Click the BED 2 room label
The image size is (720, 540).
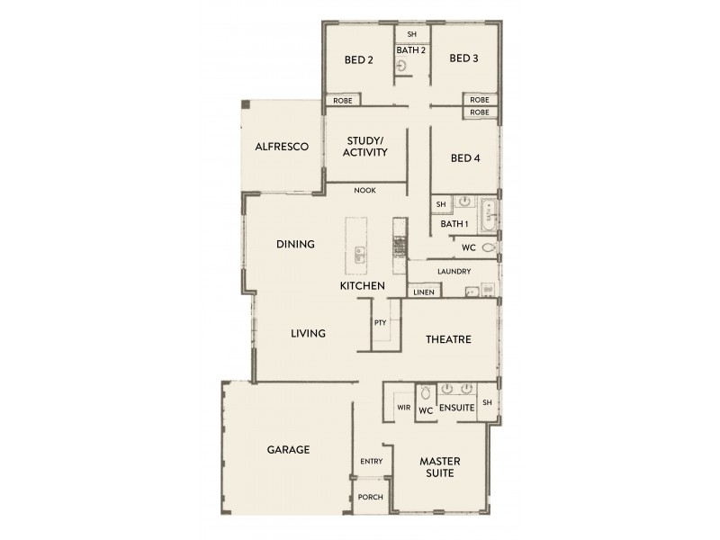[x=358, y=60]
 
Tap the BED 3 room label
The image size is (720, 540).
[x=463, y=59]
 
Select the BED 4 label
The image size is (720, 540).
[x=464, y=158]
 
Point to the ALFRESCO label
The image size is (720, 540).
[x=282, y=146]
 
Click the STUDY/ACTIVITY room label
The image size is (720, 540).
[x=365, y=146]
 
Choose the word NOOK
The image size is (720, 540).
[x=364, y=191]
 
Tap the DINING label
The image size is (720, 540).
[x=295, y=244]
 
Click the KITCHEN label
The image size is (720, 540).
[x=362, y=286]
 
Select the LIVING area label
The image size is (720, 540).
[x=308, y=333]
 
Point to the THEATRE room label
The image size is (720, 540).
[x=449, y=339]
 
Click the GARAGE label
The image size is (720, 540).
[x=288, y=449]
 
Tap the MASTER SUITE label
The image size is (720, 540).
[x=441, y=467]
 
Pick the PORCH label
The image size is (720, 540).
[x=370, y=497]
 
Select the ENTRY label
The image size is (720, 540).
[x=371, y=462]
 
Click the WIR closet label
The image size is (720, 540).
[x=403, y=408]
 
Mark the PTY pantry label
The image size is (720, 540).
[x=380, y=321]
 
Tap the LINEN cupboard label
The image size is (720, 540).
[x=423, y=292]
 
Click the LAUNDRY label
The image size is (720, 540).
[x=454, y=271]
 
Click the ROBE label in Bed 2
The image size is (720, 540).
[x=342, y=101]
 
